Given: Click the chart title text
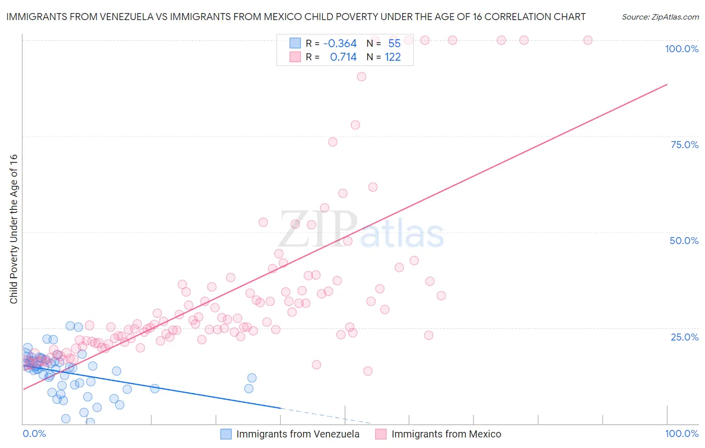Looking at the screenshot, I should [296, 17].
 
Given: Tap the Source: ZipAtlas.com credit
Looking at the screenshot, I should [660, 17].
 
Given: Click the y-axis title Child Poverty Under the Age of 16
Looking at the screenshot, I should [14, 229].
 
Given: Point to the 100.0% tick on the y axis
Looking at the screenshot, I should [681, 49].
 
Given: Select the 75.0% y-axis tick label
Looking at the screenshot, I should [684, 145].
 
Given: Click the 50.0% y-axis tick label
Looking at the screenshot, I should [684, 241].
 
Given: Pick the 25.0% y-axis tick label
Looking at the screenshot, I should [684, 337].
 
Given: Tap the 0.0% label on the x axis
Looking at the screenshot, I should [34, 433].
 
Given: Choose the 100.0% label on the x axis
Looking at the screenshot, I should [681, 433].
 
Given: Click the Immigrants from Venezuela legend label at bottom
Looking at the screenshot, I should [297, 434].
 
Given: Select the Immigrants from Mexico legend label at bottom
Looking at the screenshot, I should [446, 434].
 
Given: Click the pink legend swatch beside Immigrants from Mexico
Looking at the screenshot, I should [381, 434].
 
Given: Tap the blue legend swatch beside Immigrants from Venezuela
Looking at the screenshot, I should [226, 434].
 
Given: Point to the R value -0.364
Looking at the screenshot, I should [340, 44].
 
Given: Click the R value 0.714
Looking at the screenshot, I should [343, 57].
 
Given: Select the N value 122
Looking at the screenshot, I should [393, 57].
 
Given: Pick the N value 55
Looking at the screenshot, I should [394, 44].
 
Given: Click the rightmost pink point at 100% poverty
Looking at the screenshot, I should [588, 40].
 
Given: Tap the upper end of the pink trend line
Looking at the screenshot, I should [667, 84].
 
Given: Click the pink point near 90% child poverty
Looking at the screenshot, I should [362, 77].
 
